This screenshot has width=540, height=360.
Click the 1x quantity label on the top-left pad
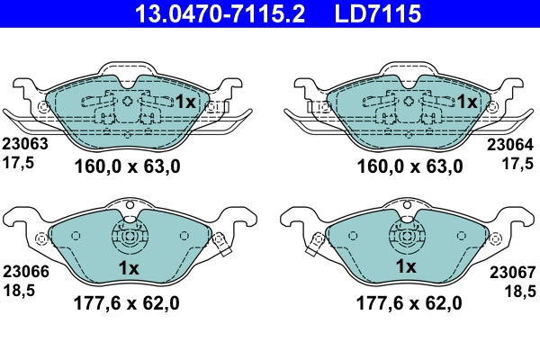pos(184,103)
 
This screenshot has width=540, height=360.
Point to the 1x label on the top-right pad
pos(466,103)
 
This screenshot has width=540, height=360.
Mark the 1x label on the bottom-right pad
pos(407,268)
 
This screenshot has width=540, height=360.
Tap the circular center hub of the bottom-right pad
pos(408,239)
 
